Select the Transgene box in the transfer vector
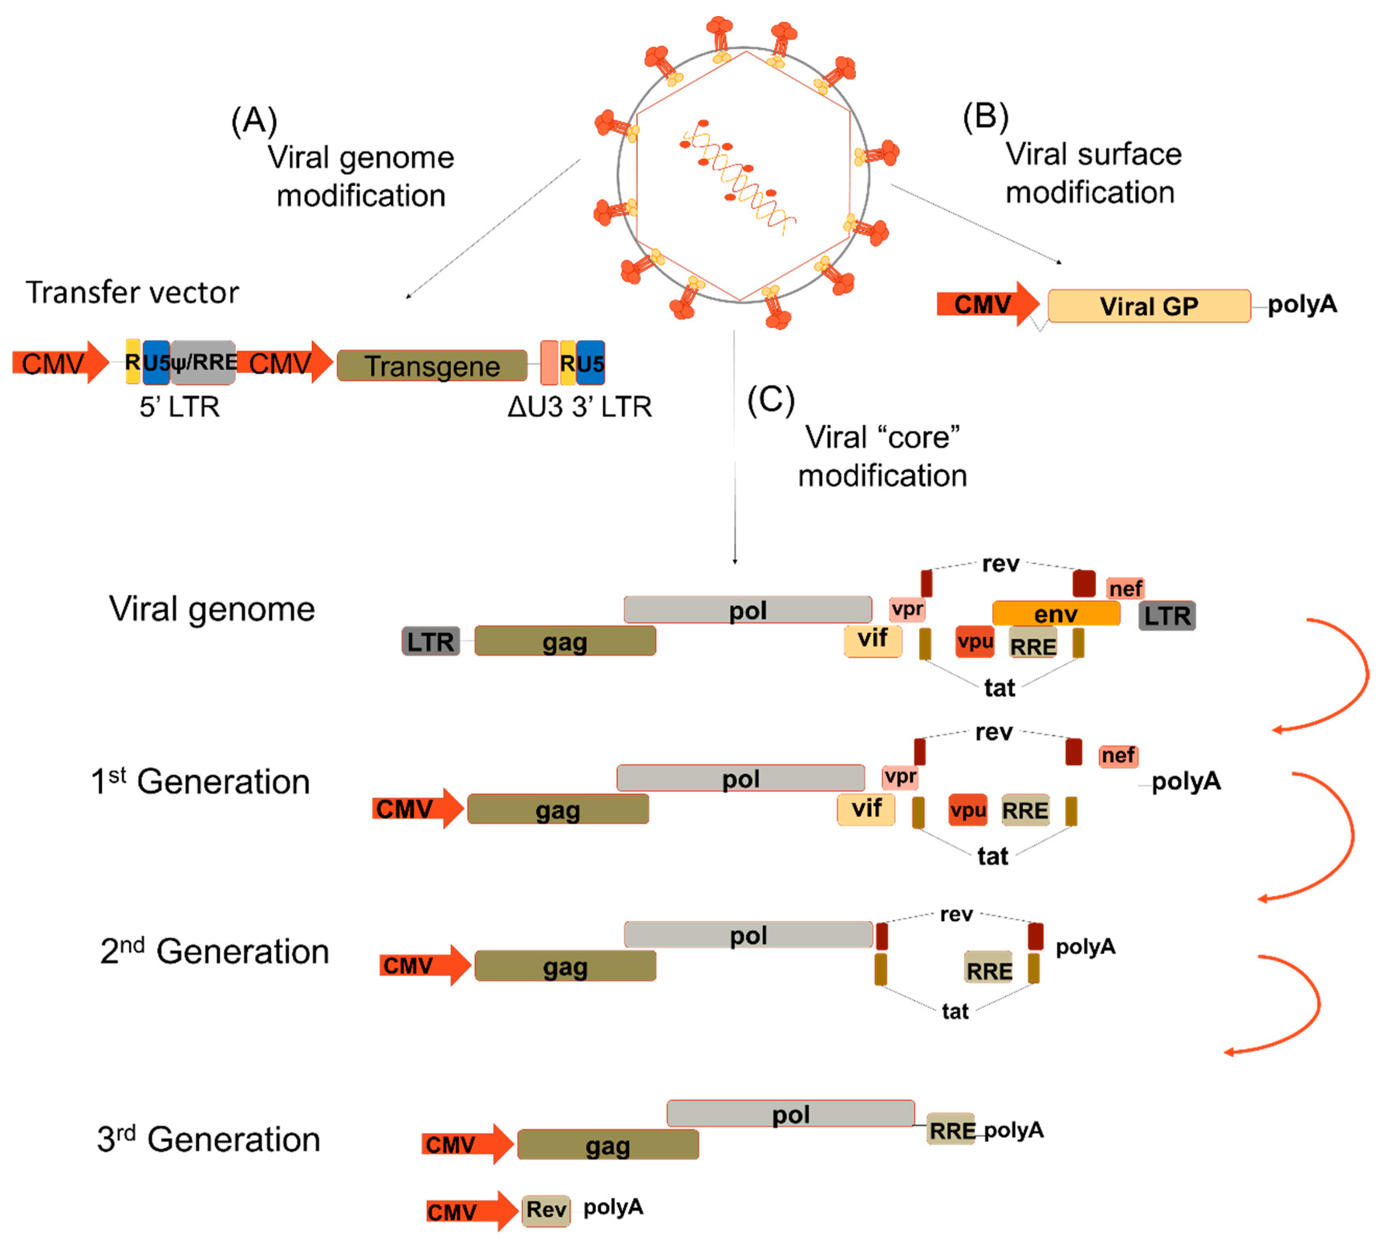pyautogui.click(x=432, y=365)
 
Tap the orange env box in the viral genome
pyautogui.click(x=1056, y=613)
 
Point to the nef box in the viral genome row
pyautogui.click(x=1125, y=588)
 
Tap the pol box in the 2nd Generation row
pyautogui.click(x=748, y=934)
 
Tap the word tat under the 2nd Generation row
pyautogui.click(x=955, y=1011)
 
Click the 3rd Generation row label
pyautogui.click(x=208, y=1139)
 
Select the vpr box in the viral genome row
pyautogui.click(x=907, y=608)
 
